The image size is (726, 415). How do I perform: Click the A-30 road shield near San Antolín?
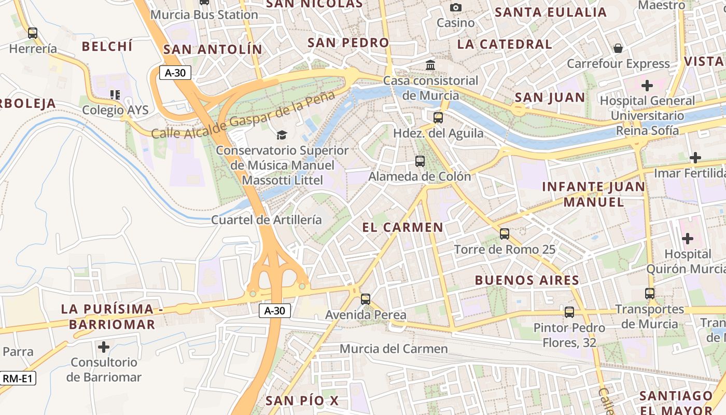point(175,73)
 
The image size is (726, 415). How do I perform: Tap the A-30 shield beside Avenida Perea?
point(274,311)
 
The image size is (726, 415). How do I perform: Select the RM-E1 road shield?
point(18,379)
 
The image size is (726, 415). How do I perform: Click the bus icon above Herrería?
point(33,33)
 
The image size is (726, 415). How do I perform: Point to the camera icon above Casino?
point(456,7)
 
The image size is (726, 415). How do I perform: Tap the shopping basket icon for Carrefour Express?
point(618,48)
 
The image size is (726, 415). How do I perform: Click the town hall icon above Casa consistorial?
point(430,65)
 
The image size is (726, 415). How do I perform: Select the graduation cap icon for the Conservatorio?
point(282,135)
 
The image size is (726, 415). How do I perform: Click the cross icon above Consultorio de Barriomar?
point(104,347)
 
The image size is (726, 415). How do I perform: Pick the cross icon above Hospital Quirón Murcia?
point(688,239)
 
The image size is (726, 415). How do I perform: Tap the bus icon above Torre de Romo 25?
point(505,234)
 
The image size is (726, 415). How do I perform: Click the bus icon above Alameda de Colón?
point(420,161)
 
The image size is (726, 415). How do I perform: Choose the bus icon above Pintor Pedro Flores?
point(569,312)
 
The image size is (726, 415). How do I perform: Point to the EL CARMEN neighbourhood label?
point(403,227)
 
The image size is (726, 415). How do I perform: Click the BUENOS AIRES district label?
point(527,281)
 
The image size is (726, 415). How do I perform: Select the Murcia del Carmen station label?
point(394,349)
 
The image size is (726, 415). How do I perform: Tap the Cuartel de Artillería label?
point(267,219)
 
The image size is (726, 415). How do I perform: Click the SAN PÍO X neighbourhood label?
point(302,400)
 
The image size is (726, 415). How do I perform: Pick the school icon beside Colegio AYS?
point(115,95)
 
